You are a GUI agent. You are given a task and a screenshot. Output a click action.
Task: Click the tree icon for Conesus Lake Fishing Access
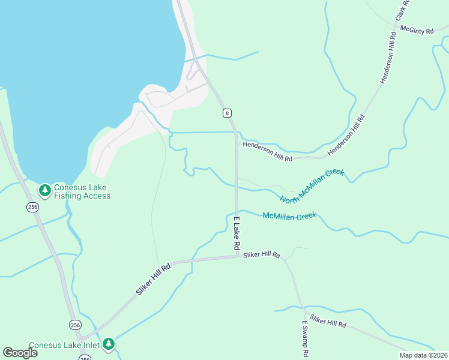[44, 191]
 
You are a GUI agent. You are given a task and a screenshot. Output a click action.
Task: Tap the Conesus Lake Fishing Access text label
[82, 191]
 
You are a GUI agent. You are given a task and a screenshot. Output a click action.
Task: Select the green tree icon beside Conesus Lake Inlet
[109, 344]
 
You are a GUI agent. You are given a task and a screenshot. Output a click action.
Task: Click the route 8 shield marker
[226, 113]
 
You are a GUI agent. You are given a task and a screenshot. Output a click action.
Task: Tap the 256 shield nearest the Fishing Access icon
[32, 206]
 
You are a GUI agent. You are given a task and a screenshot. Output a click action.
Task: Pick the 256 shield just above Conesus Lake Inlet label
[74, 325]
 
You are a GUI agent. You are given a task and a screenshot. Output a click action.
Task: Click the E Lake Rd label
[237, 233]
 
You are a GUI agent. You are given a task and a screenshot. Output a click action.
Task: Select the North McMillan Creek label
[312, 185]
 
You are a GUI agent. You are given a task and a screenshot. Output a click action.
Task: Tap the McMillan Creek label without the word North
[289, 216]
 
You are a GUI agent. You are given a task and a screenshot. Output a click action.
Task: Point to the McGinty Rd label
[416, 31]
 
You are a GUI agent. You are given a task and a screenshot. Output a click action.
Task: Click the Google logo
[20, 353]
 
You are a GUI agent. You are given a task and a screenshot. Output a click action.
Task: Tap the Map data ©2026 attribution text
[423, 355]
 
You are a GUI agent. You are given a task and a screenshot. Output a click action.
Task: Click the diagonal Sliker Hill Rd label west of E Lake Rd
[154, 280]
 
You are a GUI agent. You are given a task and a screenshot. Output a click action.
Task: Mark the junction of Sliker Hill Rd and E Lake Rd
[237, 257]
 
